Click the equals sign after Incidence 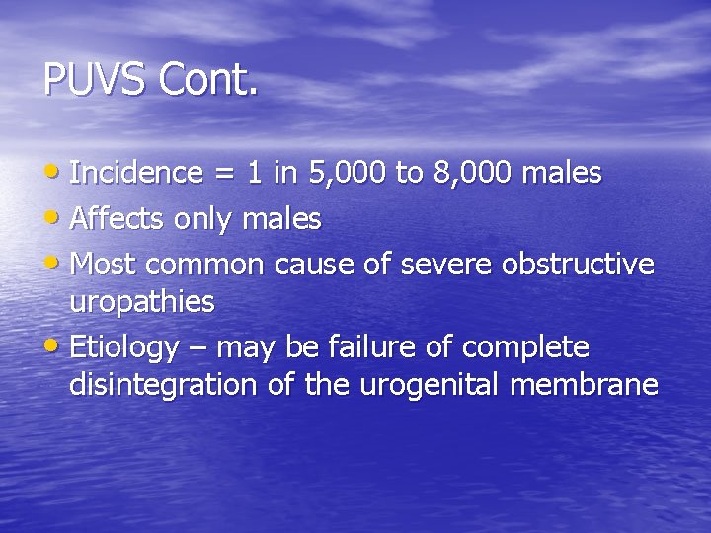pyautogui.click(x=224, y=175)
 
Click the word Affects pyautogui.click(x=118, y=219)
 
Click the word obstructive pyautogui.click(x=578, y=265)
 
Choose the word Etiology pyautogui.click(x=124, y=348)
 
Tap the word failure pyautogui.click(x=370, y=347)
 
